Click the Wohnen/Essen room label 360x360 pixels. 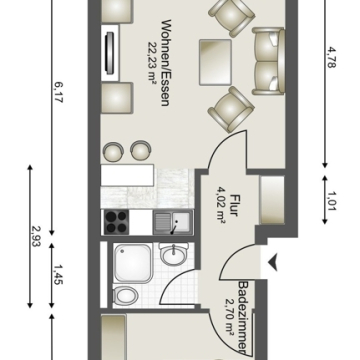165,63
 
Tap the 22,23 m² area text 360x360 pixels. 153,64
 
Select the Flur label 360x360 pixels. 234,205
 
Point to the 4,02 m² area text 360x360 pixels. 221,206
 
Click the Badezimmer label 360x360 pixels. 243,317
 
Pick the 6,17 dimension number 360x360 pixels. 57,92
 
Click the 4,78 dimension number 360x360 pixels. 330,58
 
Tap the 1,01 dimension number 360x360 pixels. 331,200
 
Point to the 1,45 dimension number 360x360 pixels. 57,274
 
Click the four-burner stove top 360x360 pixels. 116,222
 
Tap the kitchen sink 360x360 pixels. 173,222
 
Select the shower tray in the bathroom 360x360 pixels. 133,263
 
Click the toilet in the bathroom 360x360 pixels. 125,295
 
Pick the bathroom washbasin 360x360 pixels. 173,254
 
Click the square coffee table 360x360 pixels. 215,62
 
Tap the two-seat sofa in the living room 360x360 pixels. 268,61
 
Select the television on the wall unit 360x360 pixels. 110,52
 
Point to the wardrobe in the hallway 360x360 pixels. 272,200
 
